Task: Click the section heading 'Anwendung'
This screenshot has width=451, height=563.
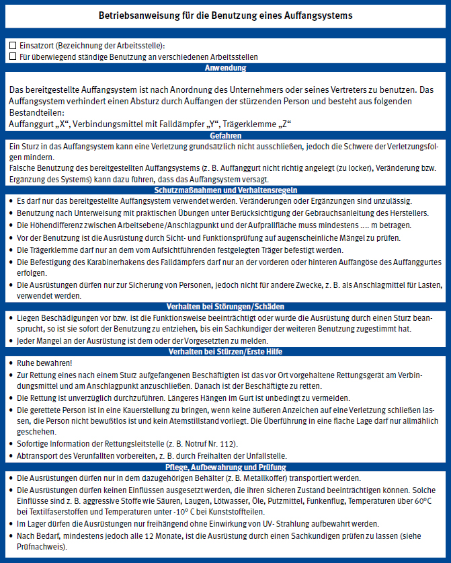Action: [225, 68]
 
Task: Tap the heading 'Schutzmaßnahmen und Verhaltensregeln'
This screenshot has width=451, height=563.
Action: [225, 190]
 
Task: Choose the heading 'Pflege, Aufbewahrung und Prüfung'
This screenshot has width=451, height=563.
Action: [225, 467]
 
